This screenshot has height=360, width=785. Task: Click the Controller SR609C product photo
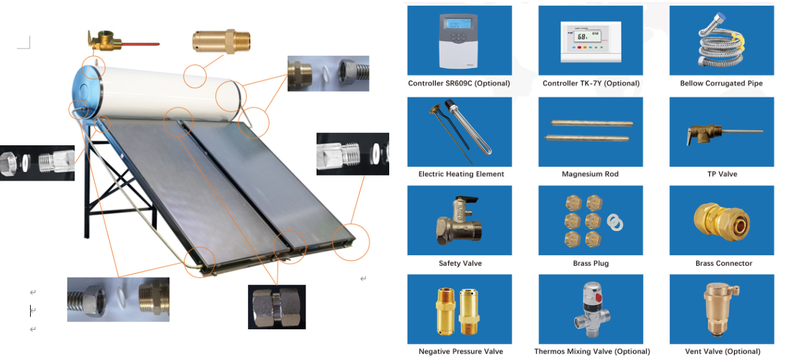[459, 40]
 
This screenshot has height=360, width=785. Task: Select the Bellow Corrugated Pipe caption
[721, 84]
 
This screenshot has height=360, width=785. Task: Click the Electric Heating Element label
[461, 174]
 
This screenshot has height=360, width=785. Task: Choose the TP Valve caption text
[721, 174]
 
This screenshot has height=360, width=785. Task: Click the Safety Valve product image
[459, 221]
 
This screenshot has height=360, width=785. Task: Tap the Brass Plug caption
[590, 263]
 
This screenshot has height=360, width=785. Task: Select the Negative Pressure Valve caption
[461, 351]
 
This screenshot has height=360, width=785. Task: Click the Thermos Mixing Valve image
[590, 309]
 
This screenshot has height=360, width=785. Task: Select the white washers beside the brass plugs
[615, 223]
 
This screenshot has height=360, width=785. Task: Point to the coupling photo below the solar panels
[277, 306]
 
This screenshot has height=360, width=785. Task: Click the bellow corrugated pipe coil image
[721, 41]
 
